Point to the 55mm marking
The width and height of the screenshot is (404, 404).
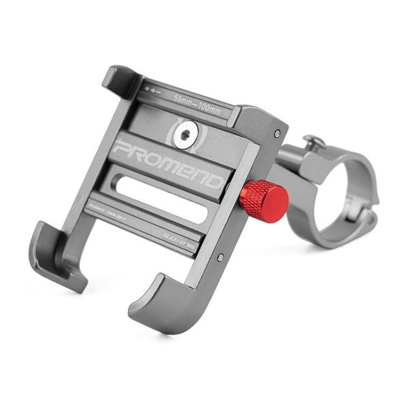[183, 99]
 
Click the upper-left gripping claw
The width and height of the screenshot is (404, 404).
[120, 81]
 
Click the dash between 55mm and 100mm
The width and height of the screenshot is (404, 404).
[196, 105]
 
